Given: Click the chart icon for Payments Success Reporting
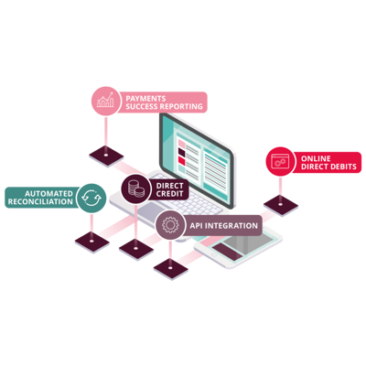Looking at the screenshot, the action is [105, 101].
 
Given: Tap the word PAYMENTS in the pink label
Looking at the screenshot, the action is [145, 99].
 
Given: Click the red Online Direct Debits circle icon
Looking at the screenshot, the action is [280, 162].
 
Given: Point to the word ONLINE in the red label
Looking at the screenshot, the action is [316, 158].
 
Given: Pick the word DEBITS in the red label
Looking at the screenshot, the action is [342, 167].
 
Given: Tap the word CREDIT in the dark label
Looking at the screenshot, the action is [169, 194].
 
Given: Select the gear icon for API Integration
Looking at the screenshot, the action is [170, 225].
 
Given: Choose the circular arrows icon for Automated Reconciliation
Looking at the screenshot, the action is [91, 199].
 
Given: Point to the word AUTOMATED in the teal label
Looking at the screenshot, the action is [48, 194].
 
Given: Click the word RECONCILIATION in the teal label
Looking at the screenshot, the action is [40, 201].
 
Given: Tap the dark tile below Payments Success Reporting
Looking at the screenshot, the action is [106, 156].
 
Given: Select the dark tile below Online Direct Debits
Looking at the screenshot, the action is [281, 205].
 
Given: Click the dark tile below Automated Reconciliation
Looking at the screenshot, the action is [91, 242].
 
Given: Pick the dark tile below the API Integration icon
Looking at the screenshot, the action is [170, 268].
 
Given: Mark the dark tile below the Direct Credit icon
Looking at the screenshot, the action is [136, 249].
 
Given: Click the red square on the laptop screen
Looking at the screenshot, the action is [182, 161].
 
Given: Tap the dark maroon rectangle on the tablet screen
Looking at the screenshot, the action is [227, 252].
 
